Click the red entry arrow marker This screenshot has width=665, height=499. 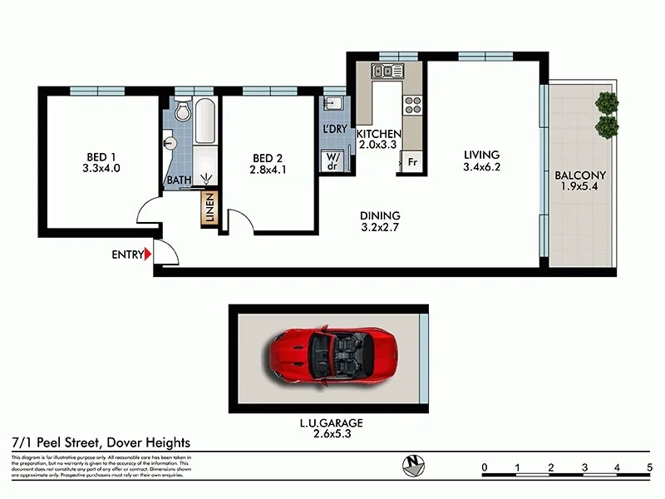[x=147, y=254]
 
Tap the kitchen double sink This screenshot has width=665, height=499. [x=387, y=72]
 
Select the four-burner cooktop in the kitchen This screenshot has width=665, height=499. [x=411, y=105]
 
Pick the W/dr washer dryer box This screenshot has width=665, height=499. [x=333, y=161]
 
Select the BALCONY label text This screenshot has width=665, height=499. [x=581, y=175]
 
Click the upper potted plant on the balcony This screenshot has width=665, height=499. [x=608, y=103]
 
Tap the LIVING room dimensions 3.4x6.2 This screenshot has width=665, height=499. [x=481, y=167]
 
